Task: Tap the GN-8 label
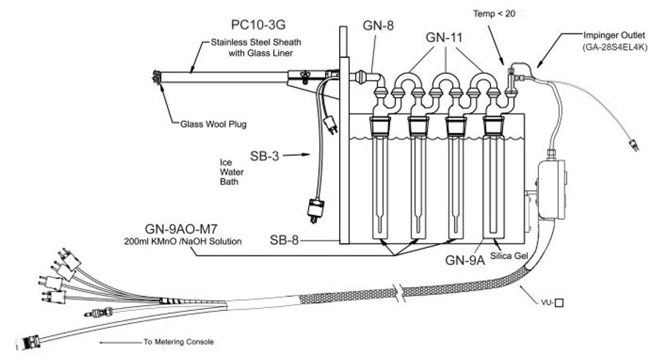(379, 25)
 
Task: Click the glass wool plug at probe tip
(155, 75)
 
